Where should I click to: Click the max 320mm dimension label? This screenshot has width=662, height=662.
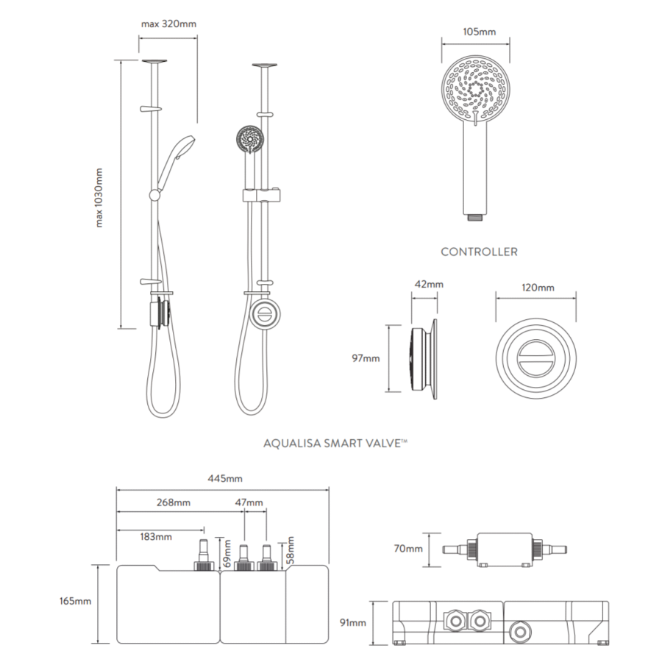(168, 24)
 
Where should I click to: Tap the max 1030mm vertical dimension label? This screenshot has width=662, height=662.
(99, 197)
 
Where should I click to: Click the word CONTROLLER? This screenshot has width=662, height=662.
(479, 252)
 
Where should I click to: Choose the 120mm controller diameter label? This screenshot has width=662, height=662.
(536, 288)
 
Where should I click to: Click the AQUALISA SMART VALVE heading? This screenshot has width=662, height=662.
(335, 444)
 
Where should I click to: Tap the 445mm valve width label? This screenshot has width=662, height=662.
(224, 480)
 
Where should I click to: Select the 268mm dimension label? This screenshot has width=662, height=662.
(174, 502)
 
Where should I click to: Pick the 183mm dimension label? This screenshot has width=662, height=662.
(154, 536)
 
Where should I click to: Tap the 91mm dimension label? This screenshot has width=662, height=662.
(352, 623)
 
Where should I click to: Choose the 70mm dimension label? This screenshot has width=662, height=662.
(409, 549)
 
